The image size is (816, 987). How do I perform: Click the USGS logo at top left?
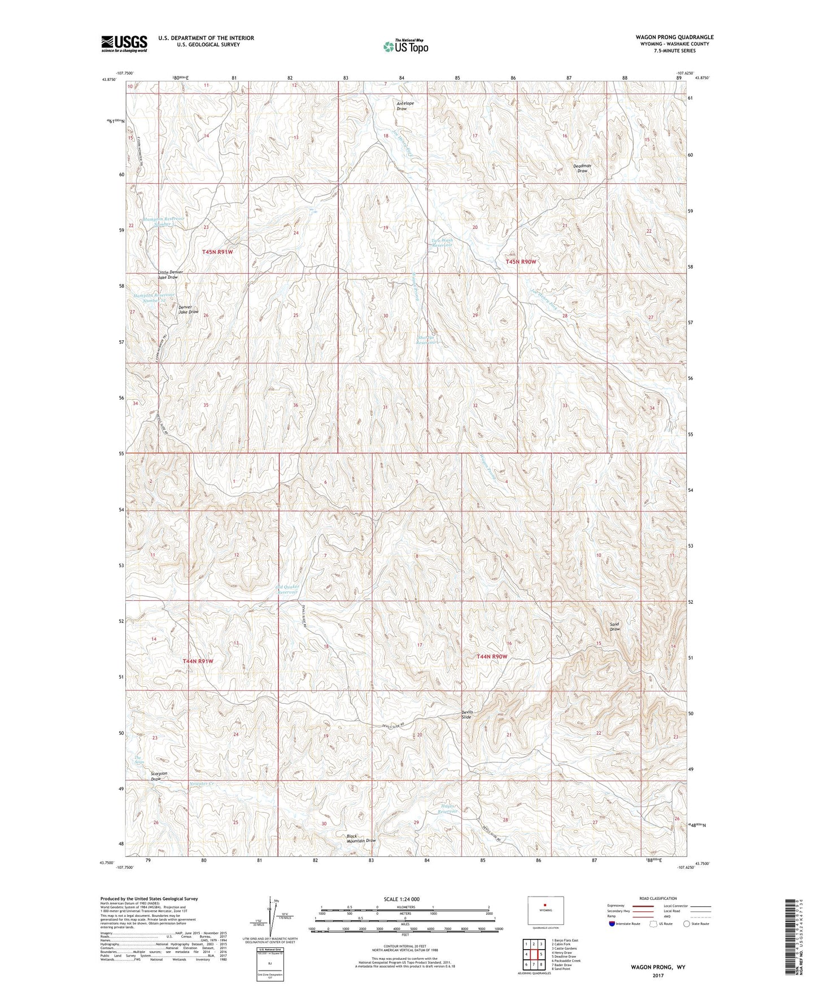click(x=124, y=43)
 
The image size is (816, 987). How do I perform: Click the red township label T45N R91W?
click(x=217, y=252)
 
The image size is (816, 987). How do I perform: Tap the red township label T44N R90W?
click(x=492, y=656)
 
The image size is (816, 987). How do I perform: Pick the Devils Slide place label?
click(x=466, y=715)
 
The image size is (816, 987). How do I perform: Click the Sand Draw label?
click(x=614, y=626)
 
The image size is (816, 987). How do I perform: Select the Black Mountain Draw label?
click(x=360, y=838)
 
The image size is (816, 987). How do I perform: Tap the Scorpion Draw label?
click(x=159, y=776)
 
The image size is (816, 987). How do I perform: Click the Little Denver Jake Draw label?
click(x=170, y=275)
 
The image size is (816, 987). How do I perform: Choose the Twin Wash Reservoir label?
click(x=442, y=243)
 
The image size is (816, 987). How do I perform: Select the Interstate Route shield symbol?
click(x=612, y=924)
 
